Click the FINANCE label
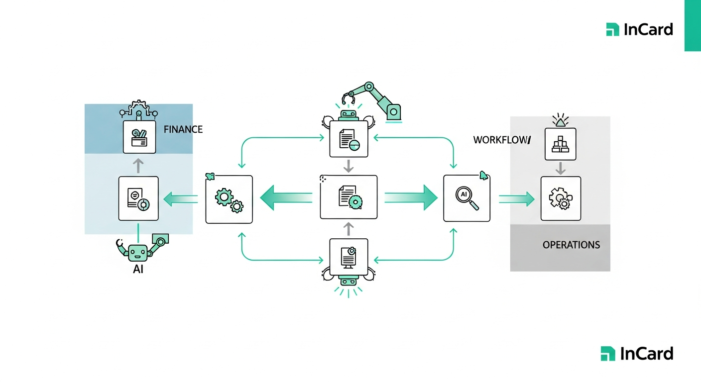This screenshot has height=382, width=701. [x=183, y=129]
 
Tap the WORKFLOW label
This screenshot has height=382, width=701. [x=502, y=140]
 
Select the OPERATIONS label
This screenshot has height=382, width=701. [x=571, y=245]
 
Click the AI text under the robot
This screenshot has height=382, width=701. [x=138, y=270]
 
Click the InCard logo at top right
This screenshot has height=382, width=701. [x=639, y=29]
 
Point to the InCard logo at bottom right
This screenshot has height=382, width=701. [x=637, y=354]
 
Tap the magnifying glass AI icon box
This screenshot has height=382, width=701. [x=467, y=198]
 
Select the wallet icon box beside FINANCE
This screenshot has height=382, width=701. [x=139, y=137]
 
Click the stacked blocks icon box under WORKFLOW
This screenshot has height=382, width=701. [x=560, y=144]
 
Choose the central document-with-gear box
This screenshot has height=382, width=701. [x=349, y=197]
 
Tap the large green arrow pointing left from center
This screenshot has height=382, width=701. [x=286, y=197]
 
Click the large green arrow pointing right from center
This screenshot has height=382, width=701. [x=411, y=197]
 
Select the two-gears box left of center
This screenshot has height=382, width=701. [x=229, y=198]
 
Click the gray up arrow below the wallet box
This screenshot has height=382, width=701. [x=138, y=165]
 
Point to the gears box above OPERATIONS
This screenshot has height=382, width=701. [x=561, y=198]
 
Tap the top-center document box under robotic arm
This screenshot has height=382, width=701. [x=349, y=139]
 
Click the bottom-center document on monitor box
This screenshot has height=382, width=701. [x=349, y=257]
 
